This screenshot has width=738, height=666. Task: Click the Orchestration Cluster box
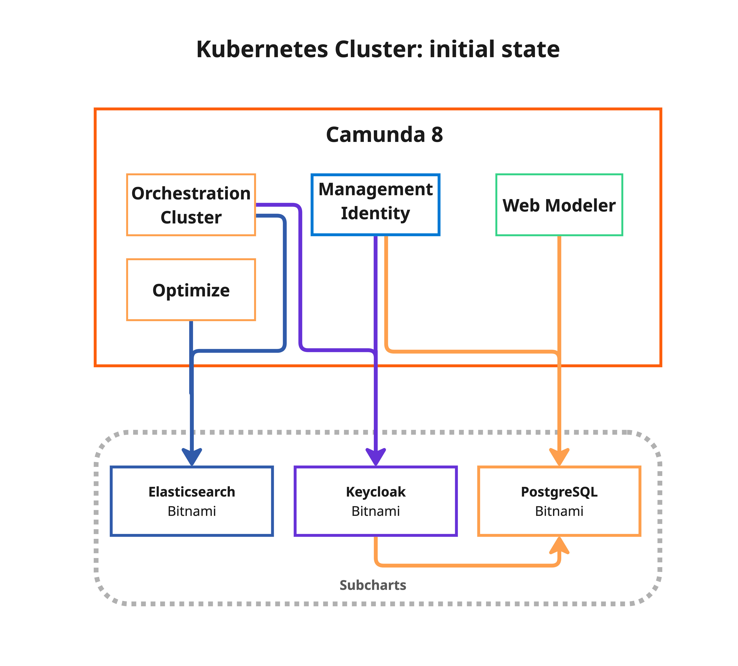tap(191, 205)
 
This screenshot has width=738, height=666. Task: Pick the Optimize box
tap(191, 290)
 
